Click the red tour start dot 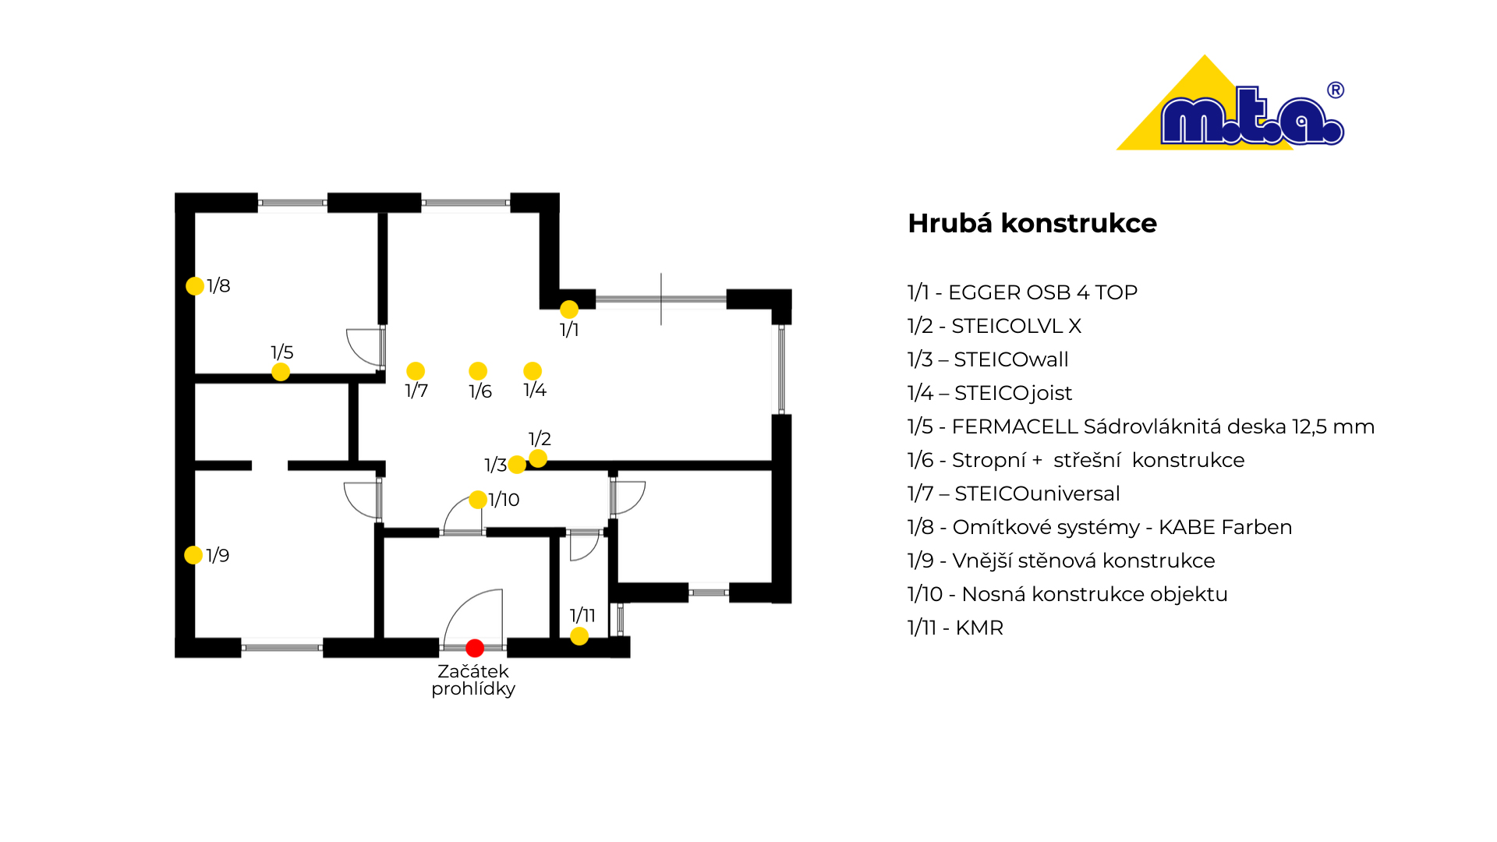point(475,648)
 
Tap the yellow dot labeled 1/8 point(195,286)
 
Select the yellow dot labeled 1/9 point(193,555)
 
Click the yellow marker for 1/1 point(569,310)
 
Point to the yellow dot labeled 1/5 point(281,372)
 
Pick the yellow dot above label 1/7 point(416,371)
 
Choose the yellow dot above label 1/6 point(478,371)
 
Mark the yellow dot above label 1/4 point(533,371)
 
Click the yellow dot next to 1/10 point(478,499)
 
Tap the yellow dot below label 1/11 point(579,636)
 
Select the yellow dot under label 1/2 point(538,458)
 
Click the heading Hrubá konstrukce point(1032,224)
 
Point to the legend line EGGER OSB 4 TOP point(1022,292)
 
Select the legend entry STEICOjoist point(1013,393)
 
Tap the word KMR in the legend point(979,628)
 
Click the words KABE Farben point(1225,527)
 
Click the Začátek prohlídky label point(473,680)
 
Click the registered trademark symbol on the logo point(1336,90)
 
